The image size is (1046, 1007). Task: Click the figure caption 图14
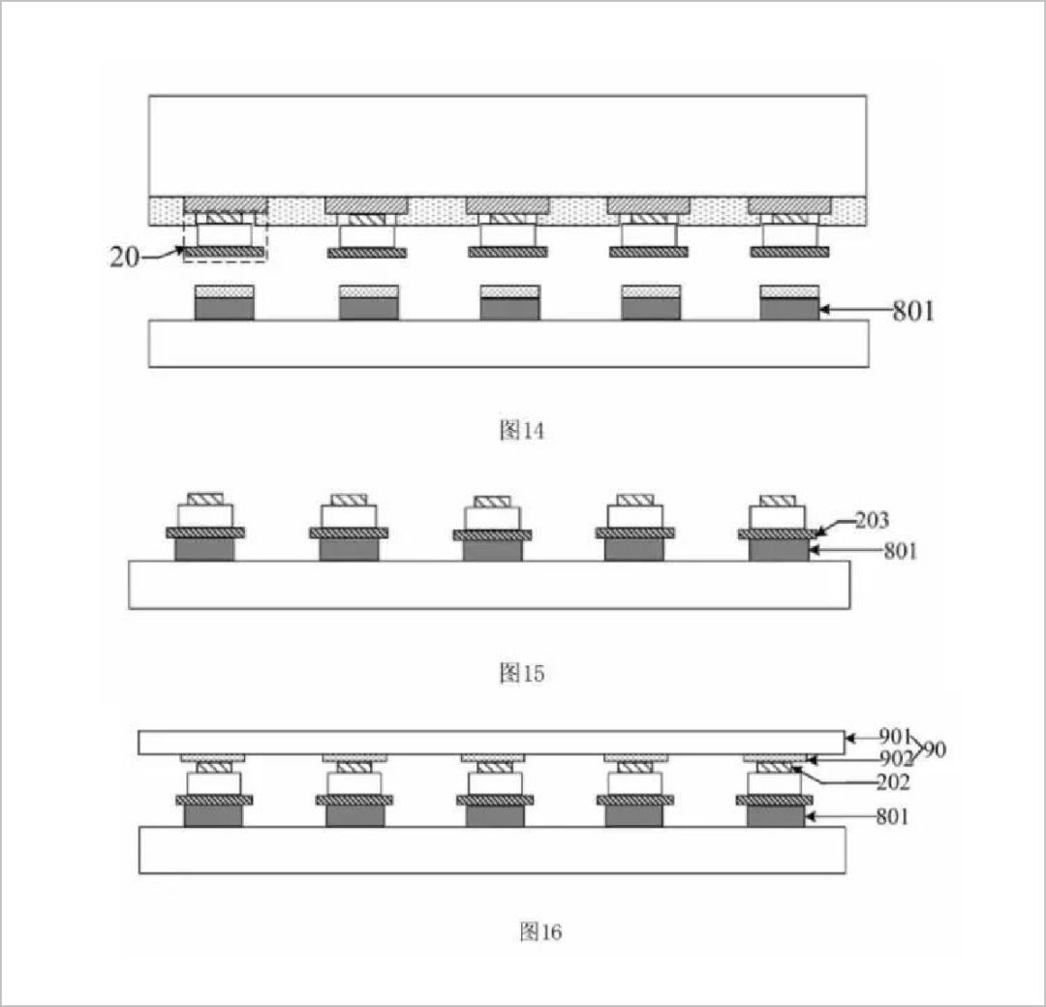click(x=521, y=431)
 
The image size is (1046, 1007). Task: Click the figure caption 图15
click(x=521, y=673)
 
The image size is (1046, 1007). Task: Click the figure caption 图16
click(x=540, y=931)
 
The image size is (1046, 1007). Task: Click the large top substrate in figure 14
click(x=508, y=145)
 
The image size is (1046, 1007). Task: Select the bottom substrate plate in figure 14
click(x=508, y=344)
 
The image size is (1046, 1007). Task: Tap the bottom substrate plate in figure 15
click(x=489, y=585)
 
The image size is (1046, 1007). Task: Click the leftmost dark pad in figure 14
click(x=225, y=309)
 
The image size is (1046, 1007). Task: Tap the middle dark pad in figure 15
click(x=492, y=551)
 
